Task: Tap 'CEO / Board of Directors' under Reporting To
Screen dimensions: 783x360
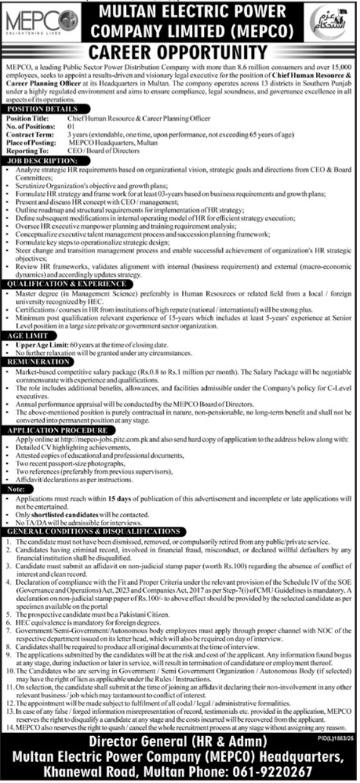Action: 102,152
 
